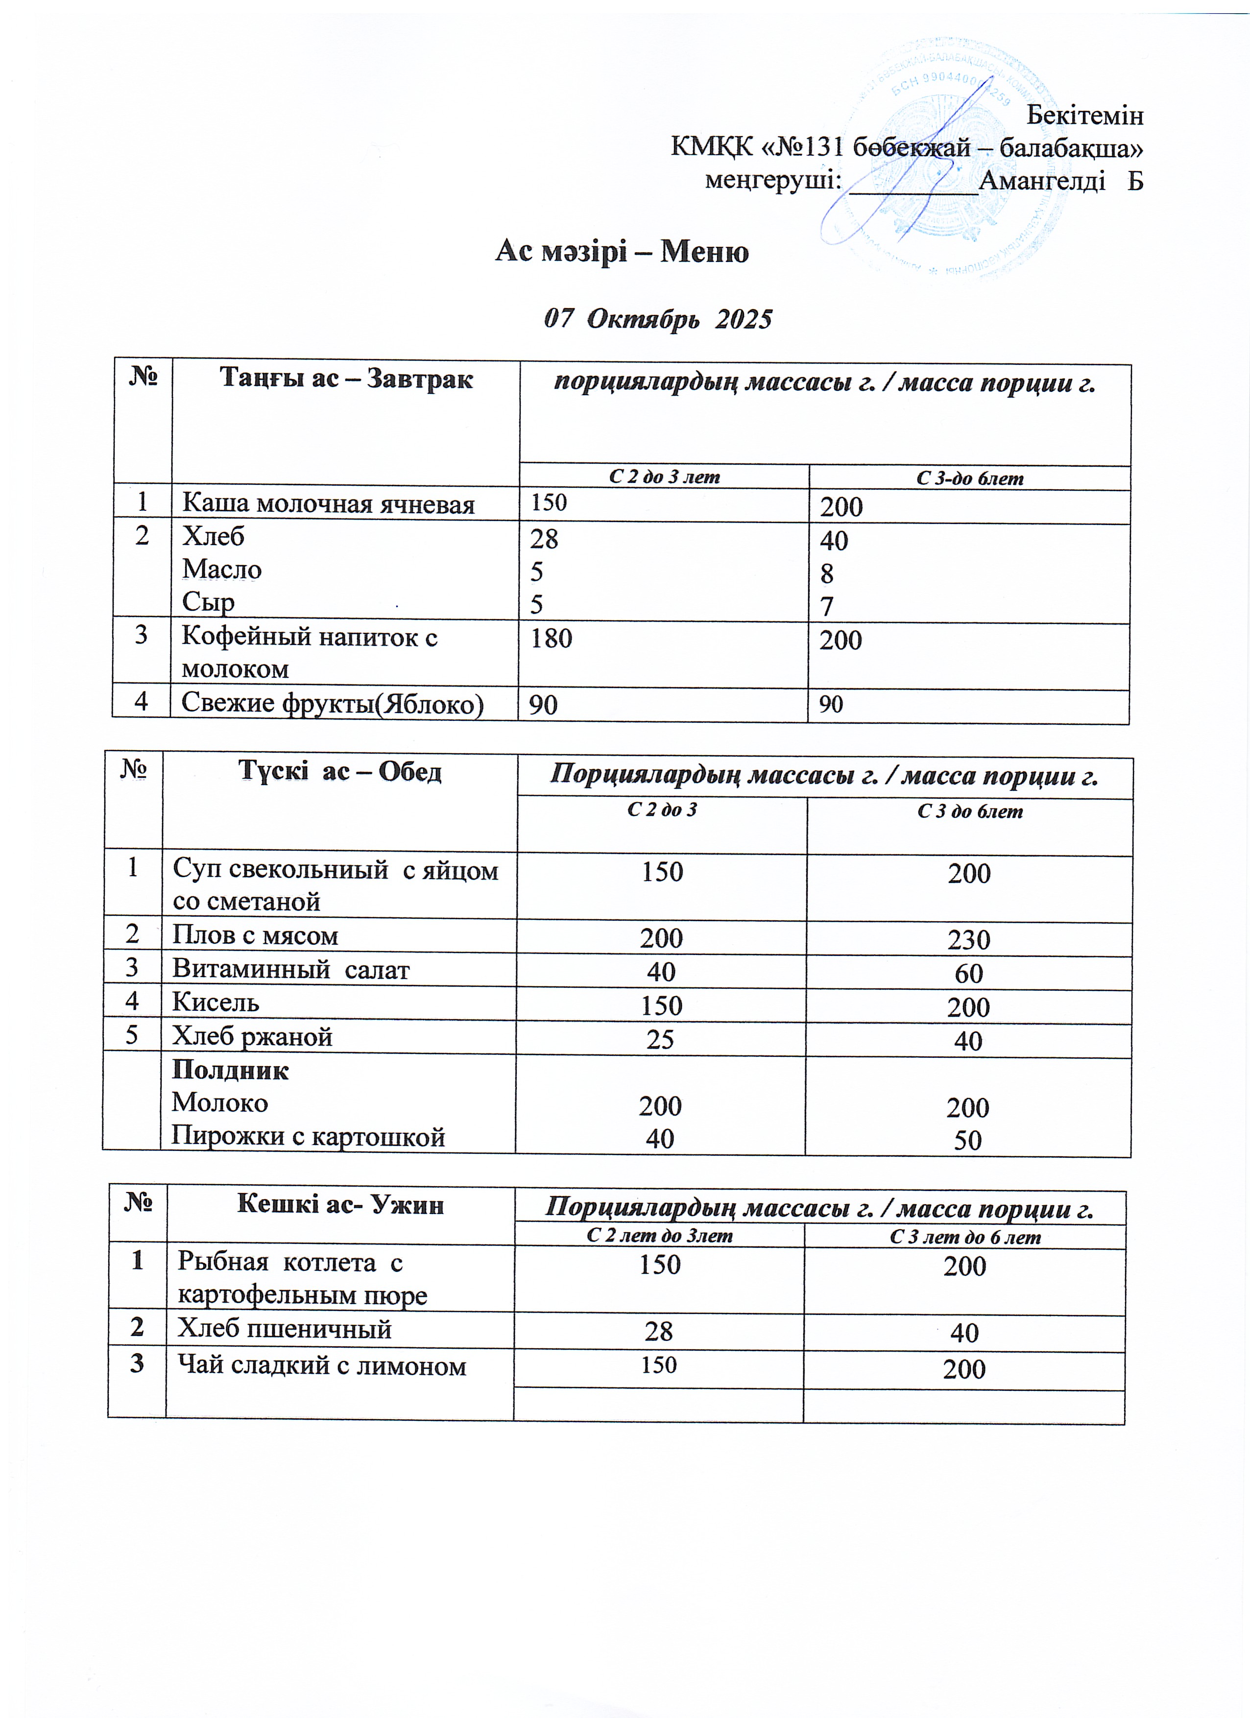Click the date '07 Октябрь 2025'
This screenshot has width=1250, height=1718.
[658, 319]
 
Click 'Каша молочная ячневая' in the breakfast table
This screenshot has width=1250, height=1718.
[328, 504]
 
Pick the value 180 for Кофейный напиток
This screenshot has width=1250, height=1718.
[551, 639]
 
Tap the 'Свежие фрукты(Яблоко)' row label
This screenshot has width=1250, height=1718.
[332, 704]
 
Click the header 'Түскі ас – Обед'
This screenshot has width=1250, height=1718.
[339, 771]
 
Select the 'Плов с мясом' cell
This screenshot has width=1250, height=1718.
[255, 935]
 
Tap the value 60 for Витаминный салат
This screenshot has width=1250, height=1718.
[968, 974]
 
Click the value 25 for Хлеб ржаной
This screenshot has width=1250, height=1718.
[660, 1039]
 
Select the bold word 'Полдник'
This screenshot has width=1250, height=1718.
[230, 1071]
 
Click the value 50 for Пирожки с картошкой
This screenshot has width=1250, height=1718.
[967, 1141]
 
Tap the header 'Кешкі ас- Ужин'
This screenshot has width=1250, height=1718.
[340, 1204]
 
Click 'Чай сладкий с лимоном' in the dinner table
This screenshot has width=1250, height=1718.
[321, 1366]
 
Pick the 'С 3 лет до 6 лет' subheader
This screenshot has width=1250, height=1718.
[964, 1238]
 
